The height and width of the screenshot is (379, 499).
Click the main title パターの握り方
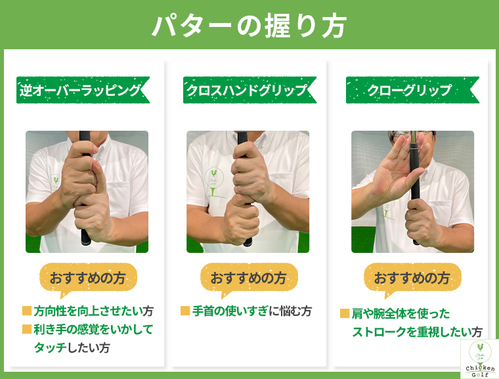tap(249, 24)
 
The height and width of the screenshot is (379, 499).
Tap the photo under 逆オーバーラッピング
tap(87, 191)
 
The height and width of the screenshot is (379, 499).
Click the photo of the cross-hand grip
tap(248, 191)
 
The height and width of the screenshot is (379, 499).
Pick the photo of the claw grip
tap(412, 191)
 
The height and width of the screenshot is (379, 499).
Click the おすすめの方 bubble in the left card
tap(88, 277)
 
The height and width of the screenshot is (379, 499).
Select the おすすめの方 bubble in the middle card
tap(248, 277)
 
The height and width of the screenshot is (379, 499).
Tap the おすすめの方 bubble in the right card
tap(412, 277)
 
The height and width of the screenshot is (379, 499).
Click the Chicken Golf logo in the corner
tap(479, 359)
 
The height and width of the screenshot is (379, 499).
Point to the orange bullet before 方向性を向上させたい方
tap(27, 310)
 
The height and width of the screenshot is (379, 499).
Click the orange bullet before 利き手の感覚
tap(27, 328)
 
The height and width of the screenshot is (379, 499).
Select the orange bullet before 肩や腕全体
tap(344, 313)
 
